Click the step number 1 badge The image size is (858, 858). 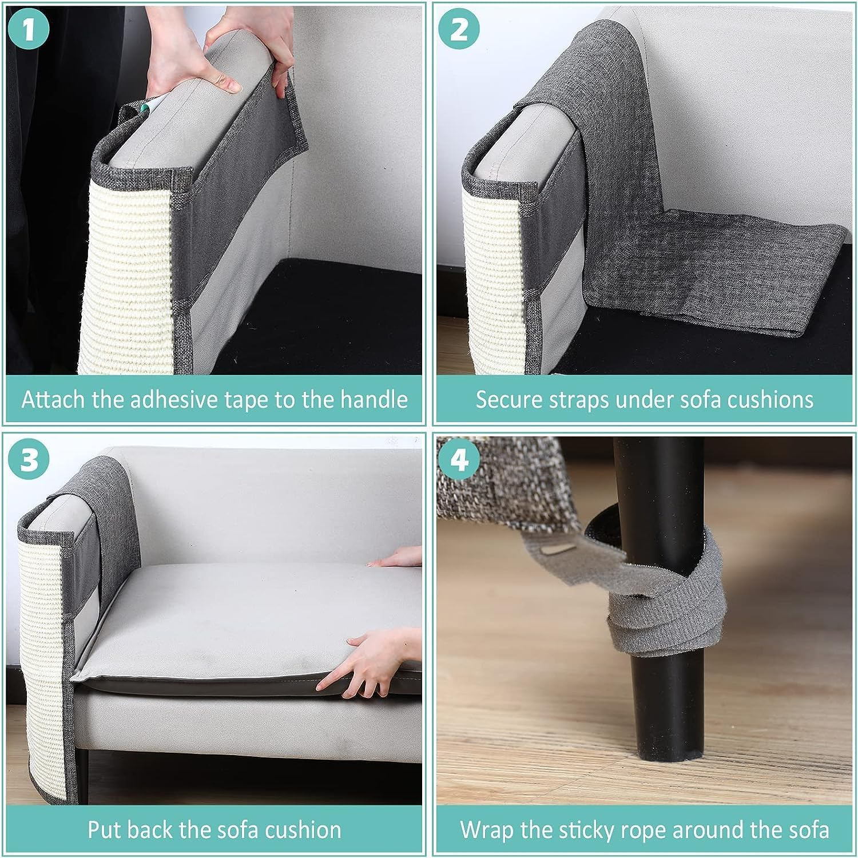(x=29, y=29)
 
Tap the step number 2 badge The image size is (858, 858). (x=459, y=29)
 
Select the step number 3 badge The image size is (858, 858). (x=29, y=459)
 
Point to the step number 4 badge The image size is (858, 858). (x=459, y=459)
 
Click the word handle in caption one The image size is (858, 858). (x=374, y=399)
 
